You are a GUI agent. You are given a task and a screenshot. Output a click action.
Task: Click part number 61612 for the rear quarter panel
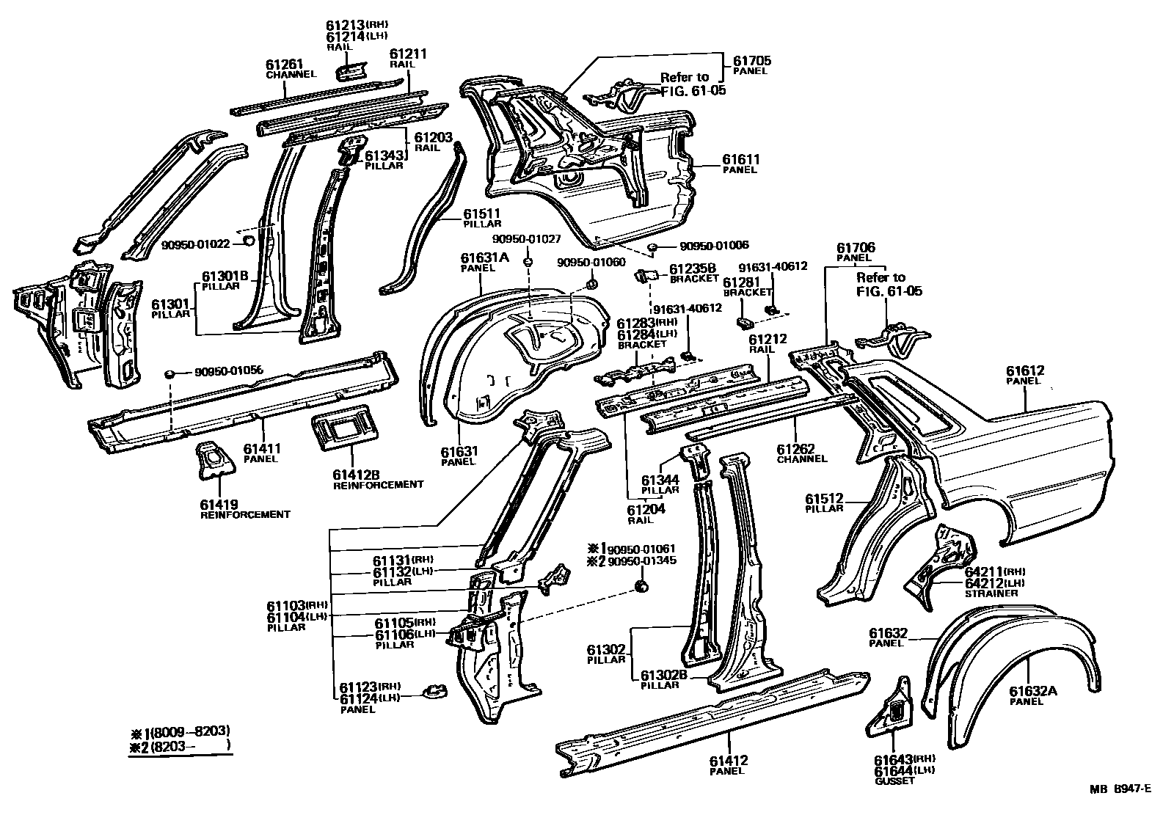coord(1024,371)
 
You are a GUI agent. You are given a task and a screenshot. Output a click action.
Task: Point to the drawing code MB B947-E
coord(1120,789)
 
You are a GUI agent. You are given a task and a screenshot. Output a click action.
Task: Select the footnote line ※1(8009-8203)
coord(180,731)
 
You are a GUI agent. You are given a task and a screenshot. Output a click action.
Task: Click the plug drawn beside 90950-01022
coord(248,240)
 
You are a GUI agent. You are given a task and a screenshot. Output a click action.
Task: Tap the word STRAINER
coord(991,593)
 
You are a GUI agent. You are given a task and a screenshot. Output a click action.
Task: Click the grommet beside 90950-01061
coord(641,585)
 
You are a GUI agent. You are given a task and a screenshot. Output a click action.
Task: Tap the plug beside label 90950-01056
coord(169,374)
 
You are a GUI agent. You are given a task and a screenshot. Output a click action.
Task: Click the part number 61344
coord(660,480)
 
